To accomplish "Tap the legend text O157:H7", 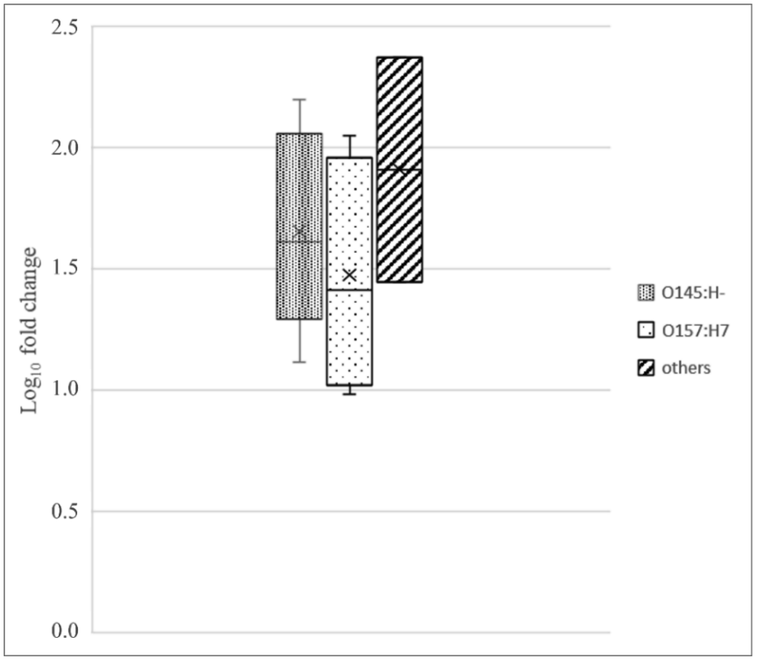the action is (x=695, y=331).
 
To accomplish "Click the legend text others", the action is (x=686, y=368).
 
